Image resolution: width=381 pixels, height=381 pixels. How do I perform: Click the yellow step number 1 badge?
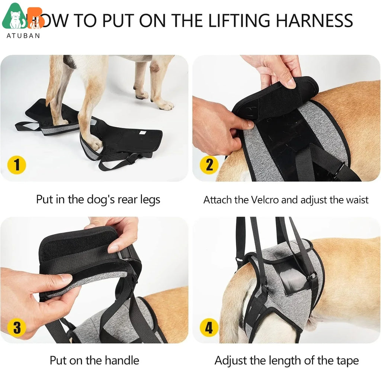[x=17, y=165]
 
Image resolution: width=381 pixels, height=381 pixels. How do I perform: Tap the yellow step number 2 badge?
[x=209, y=165]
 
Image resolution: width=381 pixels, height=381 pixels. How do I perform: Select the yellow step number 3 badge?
[x=17, y=328]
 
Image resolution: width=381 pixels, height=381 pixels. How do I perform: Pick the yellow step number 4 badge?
[x=209, y=328]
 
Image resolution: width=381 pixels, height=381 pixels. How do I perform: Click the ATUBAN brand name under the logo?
[x=23, y=36]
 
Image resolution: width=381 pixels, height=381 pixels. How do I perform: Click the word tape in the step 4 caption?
[x=346, y=361]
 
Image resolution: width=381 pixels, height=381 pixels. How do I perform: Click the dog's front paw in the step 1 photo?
[x=164, y=105]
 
